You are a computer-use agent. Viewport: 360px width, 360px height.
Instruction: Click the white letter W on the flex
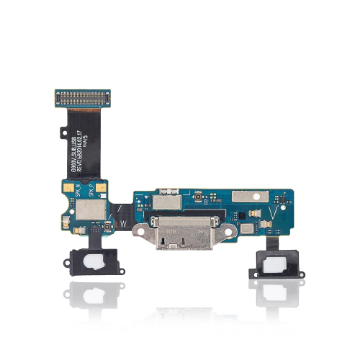(x=124, y=222)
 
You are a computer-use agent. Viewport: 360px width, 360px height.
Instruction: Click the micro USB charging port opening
(x=186, y=236)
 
